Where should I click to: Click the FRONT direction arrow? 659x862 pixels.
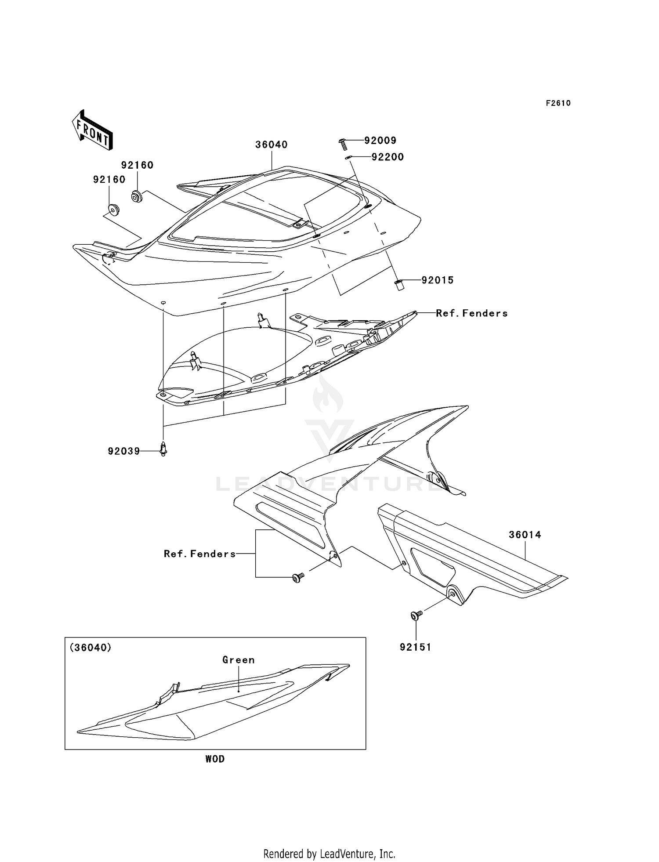93,131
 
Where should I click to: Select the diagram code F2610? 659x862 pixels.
558,103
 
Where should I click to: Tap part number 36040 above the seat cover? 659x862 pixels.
271,145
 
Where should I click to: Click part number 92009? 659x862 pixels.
380,141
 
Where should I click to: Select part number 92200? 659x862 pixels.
387,157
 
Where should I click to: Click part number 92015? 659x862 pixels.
437,280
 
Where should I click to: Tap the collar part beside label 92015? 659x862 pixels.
399,285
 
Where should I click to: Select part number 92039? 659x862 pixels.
123,451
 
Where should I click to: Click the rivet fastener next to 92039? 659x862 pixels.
163,449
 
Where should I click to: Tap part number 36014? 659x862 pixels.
525,535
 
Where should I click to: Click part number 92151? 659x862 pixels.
415,647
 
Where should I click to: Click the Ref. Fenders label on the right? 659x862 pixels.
471,313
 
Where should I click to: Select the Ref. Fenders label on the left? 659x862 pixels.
199,554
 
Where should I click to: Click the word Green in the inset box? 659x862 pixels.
238,660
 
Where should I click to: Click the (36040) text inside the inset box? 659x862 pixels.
91,648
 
